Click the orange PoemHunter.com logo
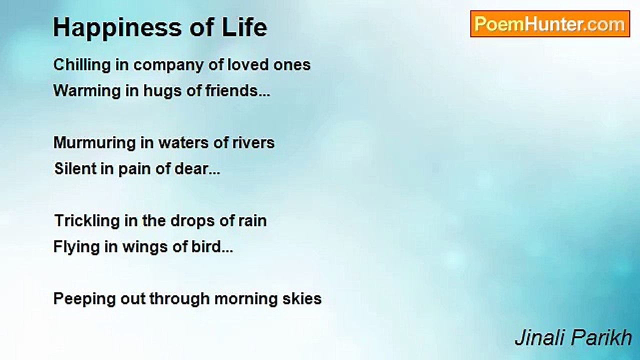coord(550,24)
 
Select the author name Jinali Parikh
coord(573,337)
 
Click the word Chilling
coord(82,65)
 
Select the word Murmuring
coord(94,143)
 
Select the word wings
coord(145,247)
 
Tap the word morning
coord(245,299)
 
